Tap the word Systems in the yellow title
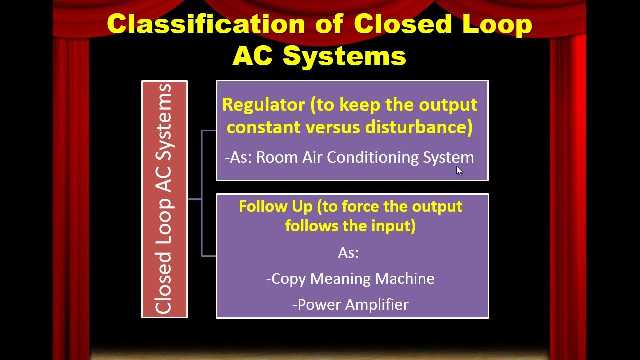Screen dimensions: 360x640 pyautogui.click(x=344, y=56)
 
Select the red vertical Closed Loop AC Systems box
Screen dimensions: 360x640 pyautogui.click(x=164, y=199)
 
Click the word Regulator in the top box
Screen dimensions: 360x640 pyautogui.click(x=263, y=105)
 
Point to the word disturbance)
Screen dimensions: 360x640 pyautogui.click(x=419, y=127)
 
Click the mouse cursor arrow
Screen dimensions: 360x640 pyautogui.click(x=459, y=170)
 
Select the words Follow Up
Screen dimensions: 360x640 pyautogui.click(x=266, y=206)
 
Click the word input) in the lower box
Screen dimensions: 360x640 pyautogui.click(x=393, y=226)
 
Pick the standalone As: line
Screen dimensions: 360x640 pyautogui.click(x=349, y=253)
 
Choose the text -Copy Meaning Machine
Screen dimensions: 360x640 pyautogui.click(x=350, y=278)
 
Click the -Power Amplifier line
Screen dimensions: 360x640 pyautogui.click(x=350, y=304)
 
